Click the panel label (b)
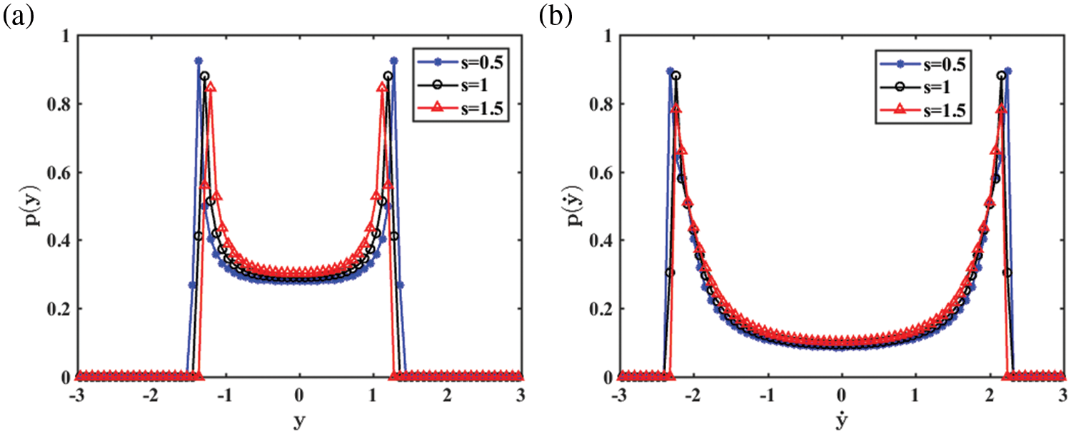click(x=555, y=16)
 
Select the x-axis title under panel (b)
click(x=841, y=420)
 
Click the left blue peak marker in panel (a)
click(x=198, y=61)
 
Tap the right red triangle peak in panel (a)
click(x=382, y=87)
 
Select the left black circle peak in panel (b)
click(x=676, y=75)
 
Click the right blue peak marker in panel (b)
click(x=1008, y=71)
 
